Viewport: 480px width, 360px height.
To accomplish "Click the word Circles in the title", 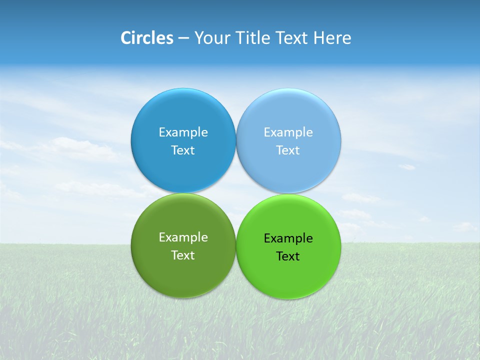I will pyautogui.click(x=147, y=38).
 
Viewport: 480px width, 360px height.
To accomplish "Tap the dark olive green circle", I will pyautogui.click(x=183, y=275).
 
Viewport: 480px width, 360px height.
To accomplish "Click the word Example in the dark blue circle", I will pyautogui.click(x=183, y=132).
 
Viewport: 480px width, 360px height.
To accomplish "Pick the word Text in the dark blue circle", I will pyautogui.click(x=183, y=150).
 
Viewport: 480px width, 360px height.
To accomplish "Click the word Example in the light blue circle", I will pyautogui.click(x=288, y=132).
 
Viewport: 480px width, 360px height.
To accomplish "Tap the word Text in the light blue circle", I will pyautogui.click(x=288, y=150).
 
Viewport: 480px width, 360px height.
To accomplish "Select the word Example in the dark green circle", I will pyautogui.click(x=183, y=237).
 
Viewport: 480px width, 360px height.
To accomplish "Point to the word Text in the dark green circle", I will pyautogui.click(x=183, y=255).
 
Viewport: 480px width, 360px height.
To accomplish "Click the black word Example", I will pyautogui.click(x=288, y=238).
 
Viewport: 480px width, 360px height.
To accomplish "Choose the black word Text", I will pyautogui.click(x=288, y=256).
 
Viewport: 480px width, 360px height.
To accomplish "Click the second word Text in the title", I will pyautogui.click(x=292, y=38).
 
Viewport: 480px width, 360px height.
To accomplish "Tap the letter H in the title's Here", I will pyautogui.click(x=318, y=38).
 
